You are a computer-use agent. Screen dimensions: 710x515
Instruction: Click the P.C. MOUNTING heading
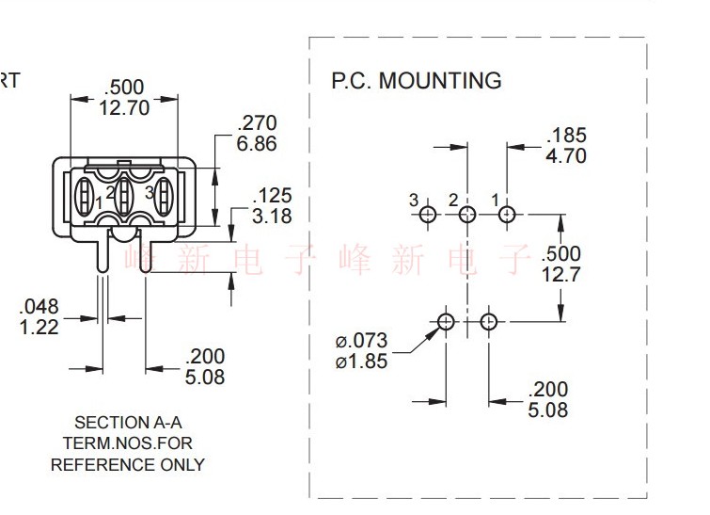pyautogui.click(x=417, y=81)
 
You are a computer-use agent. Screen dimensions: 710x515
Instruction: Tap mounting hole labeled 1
pyautogui.click(x=507, y=214)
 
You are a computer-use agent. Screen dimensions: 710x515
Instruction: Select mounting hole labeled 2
pyautogui.click(x=467, y=214)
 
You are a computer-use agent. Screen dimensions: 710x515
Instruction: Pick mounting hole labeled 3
pyautogui.click(x=428, y=214)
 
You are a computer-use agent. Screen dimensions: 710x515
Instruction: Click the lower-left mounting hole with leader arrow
pyautogui.click(x=446, y=322)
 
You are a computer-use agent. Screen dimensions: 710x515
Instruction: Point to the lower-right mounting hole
pyautogui.click(x=489, y=322)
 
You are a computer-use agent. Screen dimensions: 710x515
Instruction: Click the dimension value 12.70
pyautogui.click(x=124, y=108)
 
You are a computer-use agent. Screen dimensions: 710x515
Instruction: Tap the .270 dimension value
pyautogui.click(x=257, y=122)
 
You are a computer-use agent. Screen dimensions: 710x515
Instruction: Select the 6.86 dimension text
pyautogui.click(x=257, y=144)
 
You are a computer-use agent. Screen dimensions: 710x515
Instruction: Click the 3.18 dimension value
pyautogui.click(x=272, y=217)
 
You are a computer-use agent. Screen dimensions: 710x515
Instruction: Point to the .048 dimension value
pyautogui.click(x=39, y=307)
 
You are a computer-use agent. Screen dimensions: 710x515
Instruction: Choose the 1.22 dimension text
pyautogui.click(x=39, y=328)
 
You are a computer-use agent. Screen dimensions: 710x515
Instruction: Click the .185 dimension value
pyautogui.click(x=566, y=135)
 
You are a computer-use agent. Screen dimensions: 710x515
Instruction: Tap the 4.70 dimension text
pyautogui.click(x=566, y=156)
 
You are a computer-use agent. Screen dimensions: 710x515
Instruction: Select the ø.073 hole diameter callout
pyautogui.click(x=361, y=341)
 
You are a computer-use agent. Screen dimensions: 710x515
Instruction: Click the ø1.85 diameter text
pyautogui.click(x=361, y=362)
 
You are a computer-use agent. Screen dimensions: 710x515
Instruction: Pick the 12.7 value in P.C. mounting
pyautogui.click(x=561, y=274)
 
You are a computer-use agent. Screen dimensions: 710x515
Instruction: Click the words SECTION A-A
pyautogui.click(x=128, y=423)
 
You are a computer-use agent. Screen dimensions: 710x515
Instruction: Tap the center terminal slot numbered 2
pyautogui.click(x=123, y=196)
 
